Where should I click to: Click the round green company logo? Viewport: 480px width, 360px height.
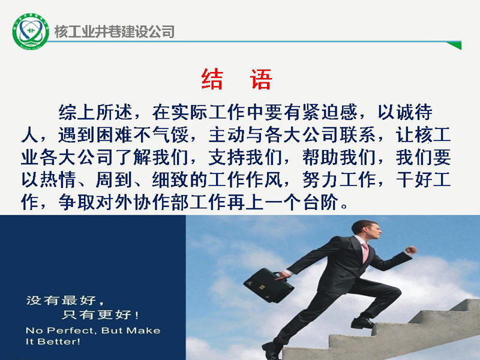tap(31, 31)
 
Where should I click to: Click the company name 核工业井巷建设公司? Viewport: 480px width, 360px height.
tap(115, 32)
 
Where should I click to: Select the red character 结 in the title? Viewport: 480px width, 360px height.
tap(212, 79)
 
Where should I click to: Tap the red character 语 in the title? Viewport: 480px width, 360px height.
tap(261, 79)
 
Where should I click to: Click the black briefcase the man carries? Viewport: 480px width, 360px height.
tap(268, 286)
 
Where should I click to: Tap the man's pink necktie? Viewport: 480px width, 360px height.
tap(365, 252)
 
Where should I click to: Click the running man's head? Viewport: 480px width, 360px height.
tap(367, 230)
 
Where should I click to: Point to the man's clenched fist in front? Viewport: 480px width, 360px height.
tap(411, 250)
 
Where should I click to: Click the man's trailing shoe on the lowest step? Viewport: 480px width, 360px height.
tap(272, 350)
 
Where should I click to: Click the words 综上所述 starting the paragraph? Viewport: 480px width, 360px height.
tap(95, 112)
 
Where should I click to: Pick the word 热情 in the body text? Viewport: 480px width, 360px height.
tap(58, 179)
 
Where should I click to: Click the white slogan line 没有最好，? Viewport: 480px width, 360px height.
tap(65, 301)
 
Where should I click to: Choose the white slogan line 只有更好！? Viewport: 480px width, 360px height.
tap(100, 314)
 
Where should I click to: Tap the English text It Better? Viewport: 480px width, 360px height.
tap(53, 341)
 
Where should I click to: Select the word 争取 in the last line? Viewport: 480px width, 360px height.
tap(77, 202)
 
